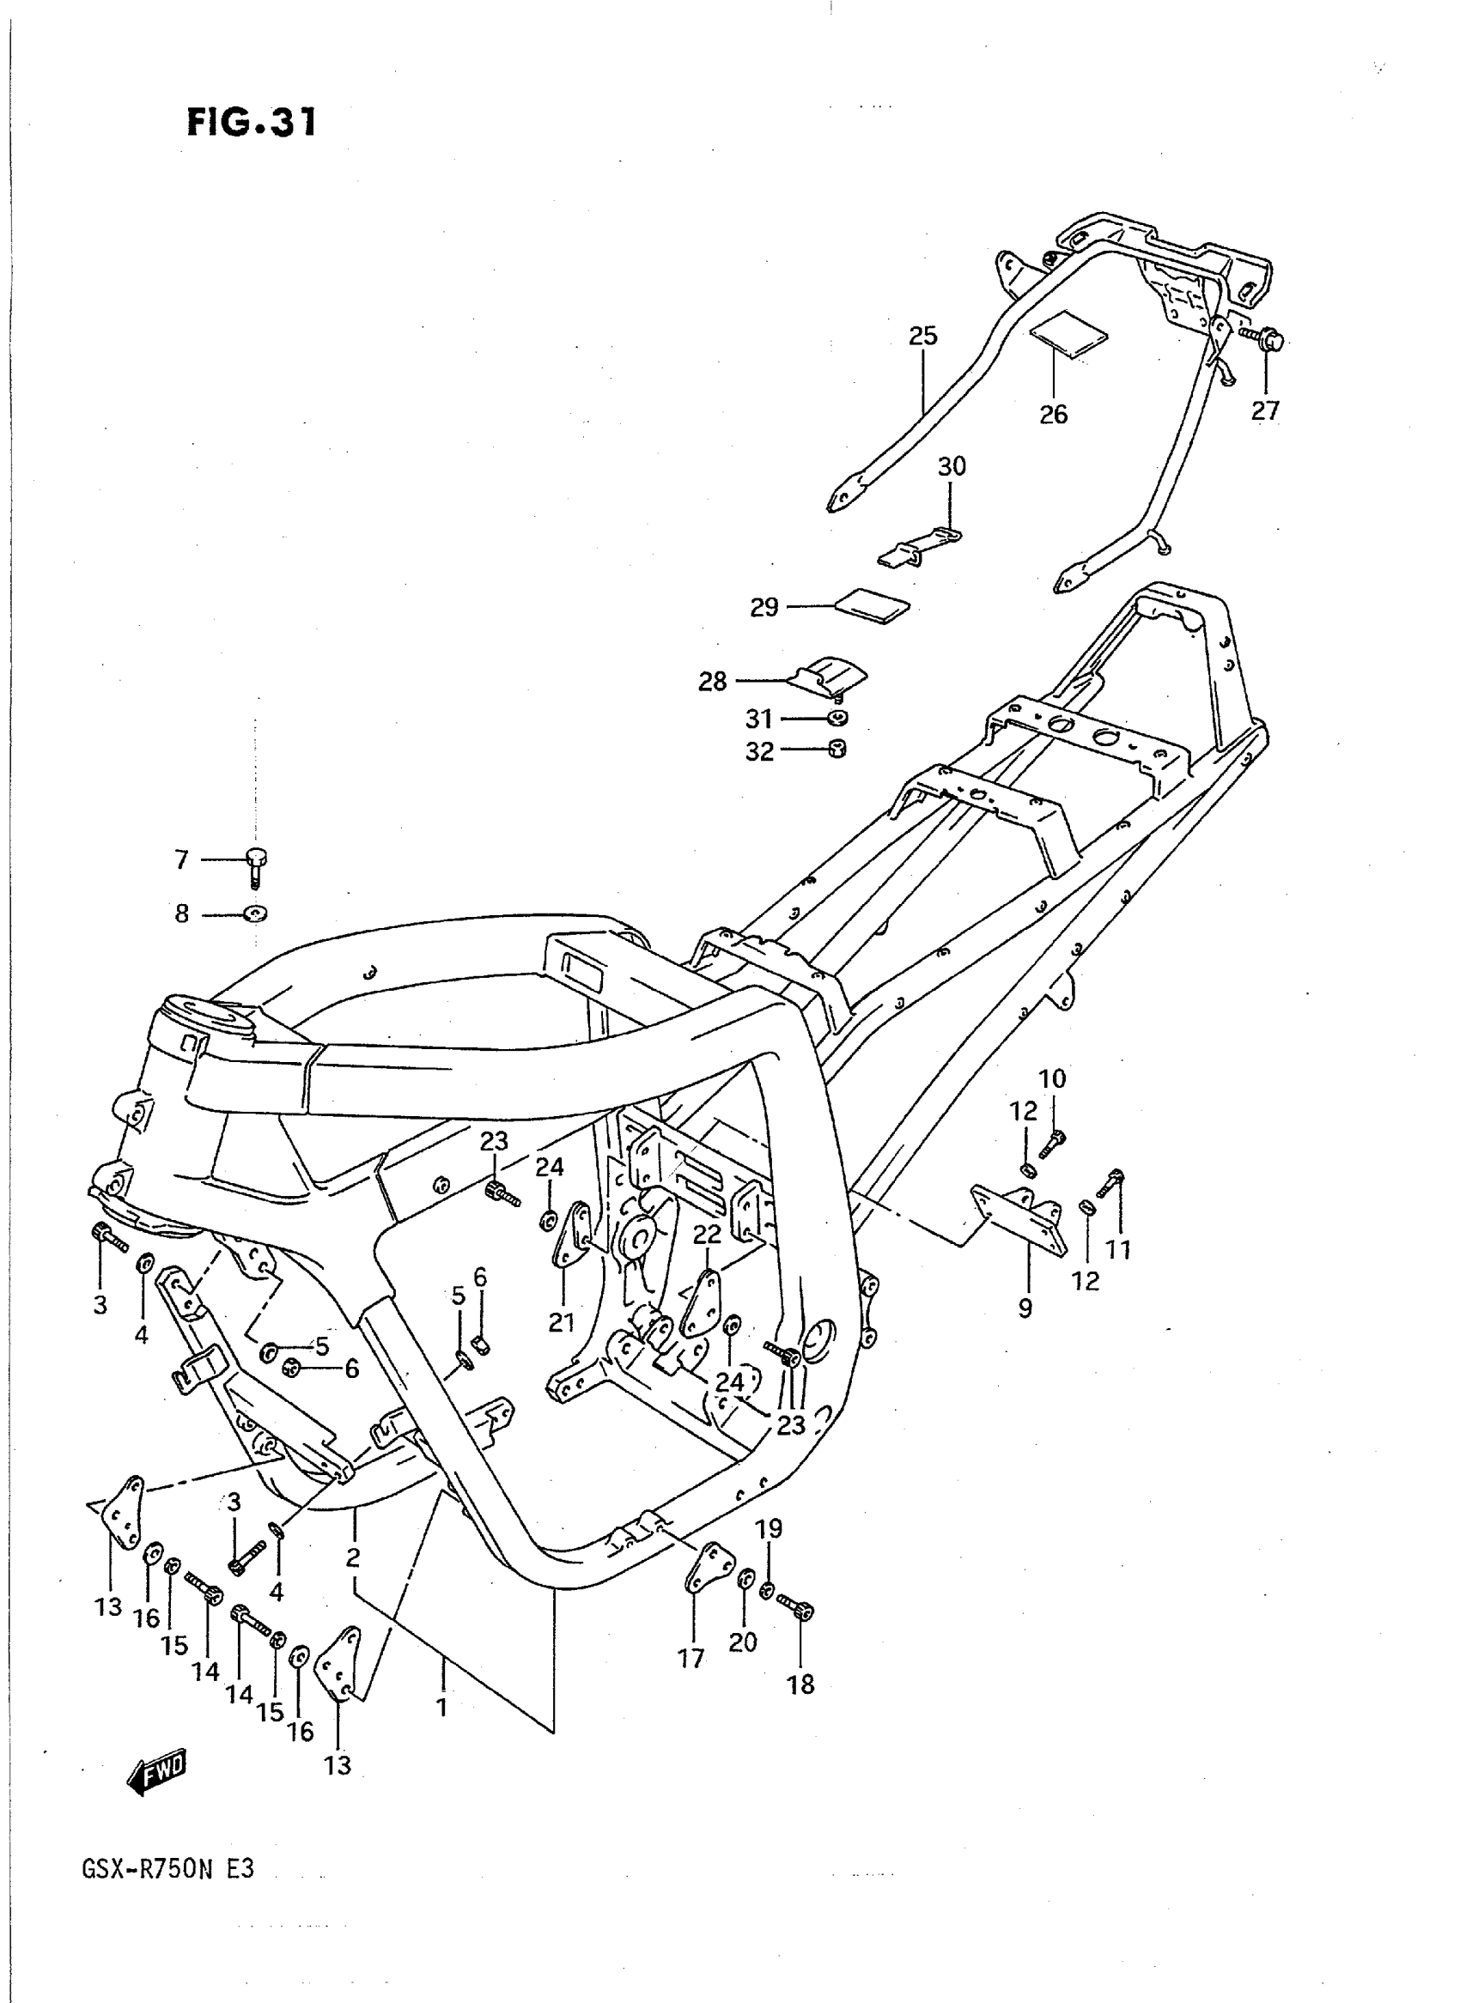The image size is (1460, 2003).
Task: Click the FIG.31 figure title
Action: tap(251, 123)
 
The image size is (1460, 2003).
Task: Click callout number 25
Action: tap(922, 336)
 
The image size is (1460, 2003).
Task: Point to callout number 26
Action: tap(1054, 414)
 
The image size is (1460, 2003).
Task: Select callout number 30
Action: tap(952, 465)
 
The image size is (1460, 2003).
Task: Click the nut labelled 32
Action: tap(837, 750)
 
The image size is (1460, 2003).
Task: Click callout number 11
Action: tap(1119, 1249)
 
